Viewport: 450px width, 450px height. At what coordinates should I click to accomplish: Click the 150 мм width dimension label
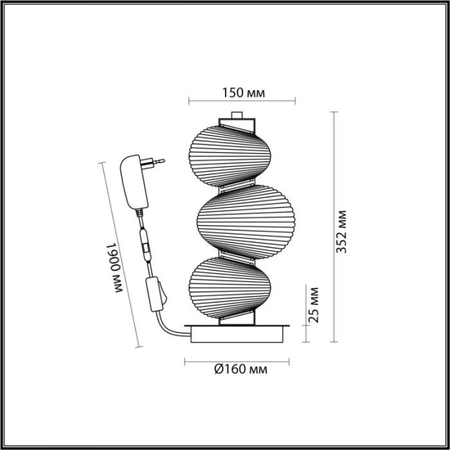coord(242,93)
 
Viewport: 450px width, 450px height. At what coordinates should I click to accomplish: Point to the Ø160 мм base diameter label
coord(240,370)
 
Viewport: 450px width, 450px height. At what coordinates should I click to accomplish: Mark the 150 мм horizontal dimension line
coord(242,100)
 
